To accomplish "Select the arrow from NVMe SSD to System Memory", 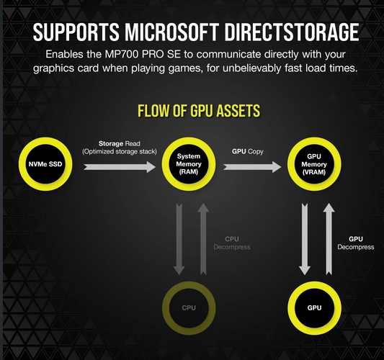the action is click(120, 167).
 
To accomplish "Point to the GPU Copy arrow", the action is click(252, 167).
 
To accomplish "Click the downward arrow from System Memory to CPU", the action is click(179, 239).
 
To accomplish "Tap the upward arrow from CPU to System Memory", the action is click(203, 239).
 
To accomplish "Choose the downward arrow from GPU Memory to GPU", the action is click(305, 239).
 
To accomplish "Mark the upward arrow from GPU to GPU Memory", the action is click(329, 239).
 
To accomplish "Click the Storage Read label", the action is click(120, 144).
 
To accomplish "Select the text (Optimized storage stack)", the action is click(120, 152).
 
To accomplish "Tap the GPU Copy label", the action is click(248, 151).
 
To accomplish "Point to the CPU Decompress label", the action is click(232, 243).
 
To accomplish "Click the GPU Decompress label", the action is click(356, 243).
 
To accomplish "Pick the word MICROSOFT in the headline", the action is click(171, 32).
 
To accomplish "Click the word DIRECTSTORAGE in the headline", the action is click(292, 32).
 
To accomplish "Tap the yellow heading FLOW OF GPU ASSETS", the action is click(199, 111).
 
